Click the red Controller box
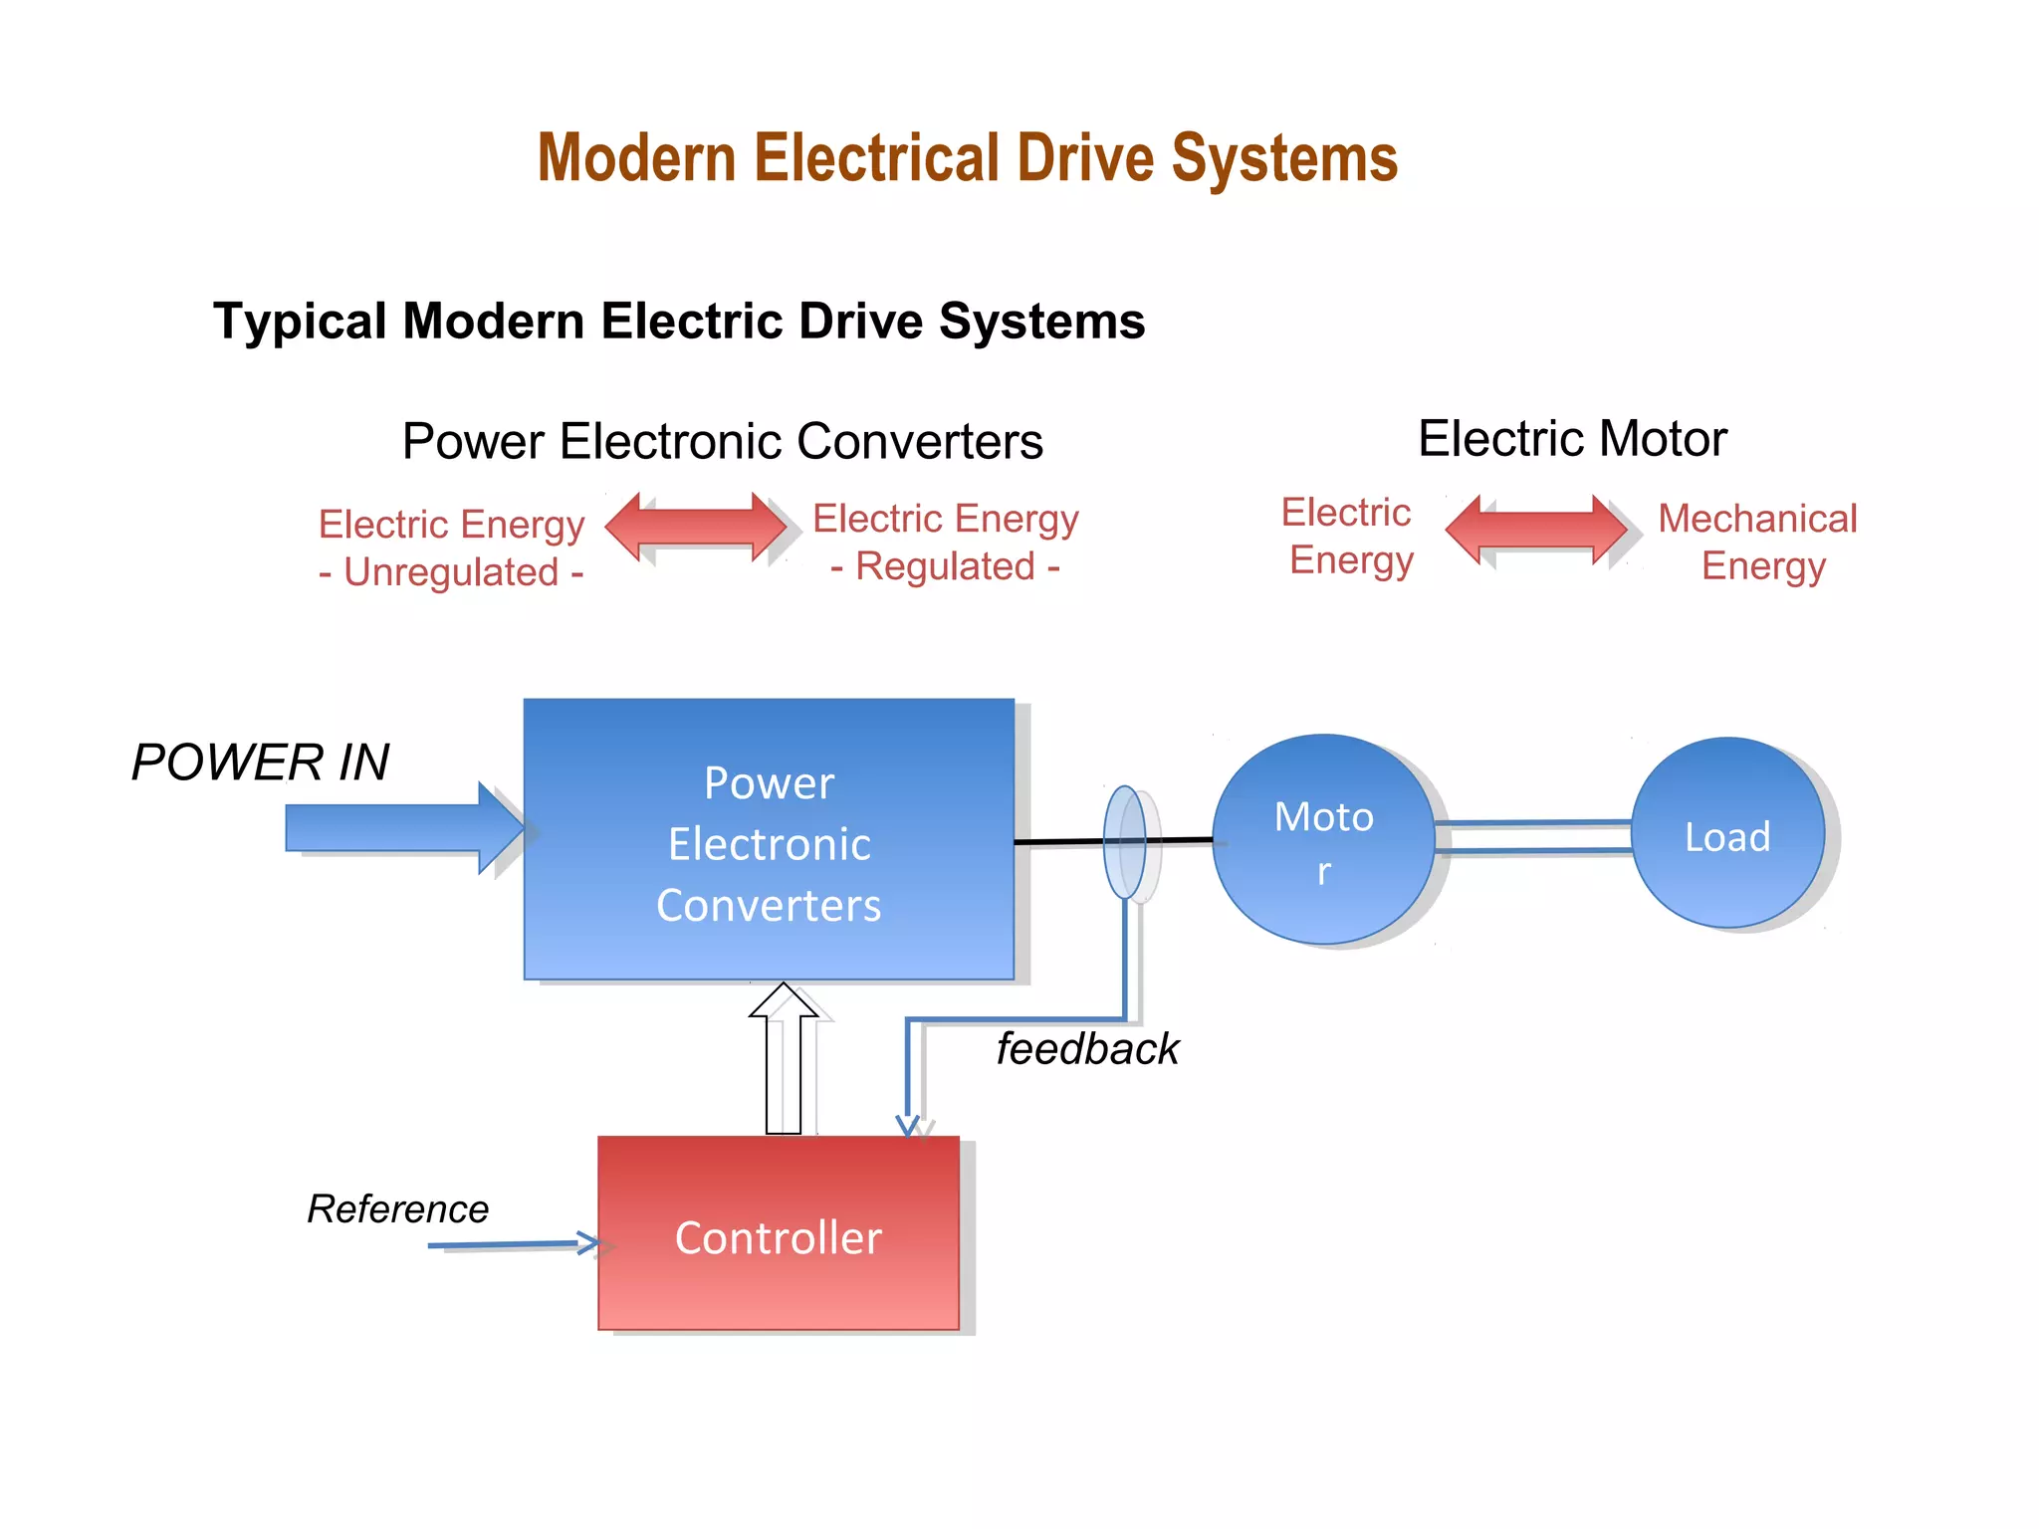(778, 1234)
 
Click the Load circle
(1727, 834)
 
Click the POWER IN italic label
(260, 763)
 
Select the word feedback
(1087, 1049)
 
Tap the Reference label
(397, 1208)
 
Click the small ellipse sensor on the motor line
(1125, 842)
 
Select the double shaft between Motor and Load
(1533, 837)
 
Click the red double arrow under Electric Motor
(1536, 529)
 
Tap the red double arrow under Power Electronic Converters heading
(696, 527)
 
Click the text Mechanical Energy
(1758, 542)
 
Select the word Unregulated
(451, 572)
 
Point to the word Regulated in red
(946, 566)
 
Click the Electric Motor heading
(1572, 439)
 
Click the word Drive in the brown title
(1084, 159)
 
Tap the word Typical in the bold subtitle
(300, 322)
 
